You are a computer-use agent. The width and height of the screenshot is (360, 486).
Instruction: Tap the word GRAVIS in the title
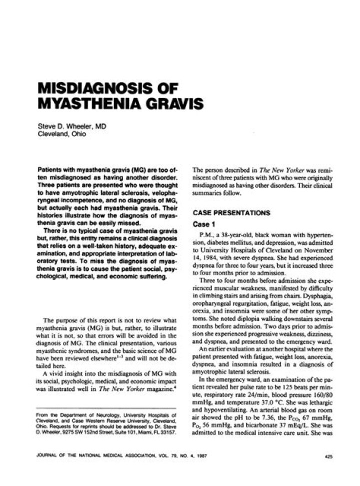[163, 105]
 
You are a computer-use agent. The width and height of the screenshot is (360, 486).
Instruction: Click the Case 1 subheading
[204, 224]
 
